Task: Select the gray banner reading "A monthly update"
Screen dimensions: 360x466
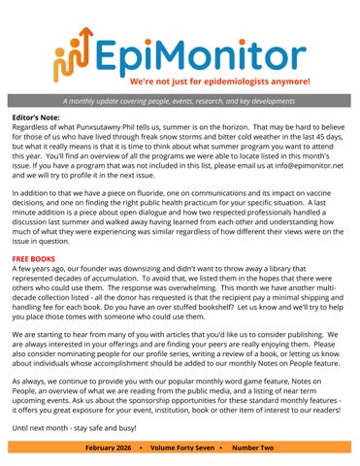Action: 180,101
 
